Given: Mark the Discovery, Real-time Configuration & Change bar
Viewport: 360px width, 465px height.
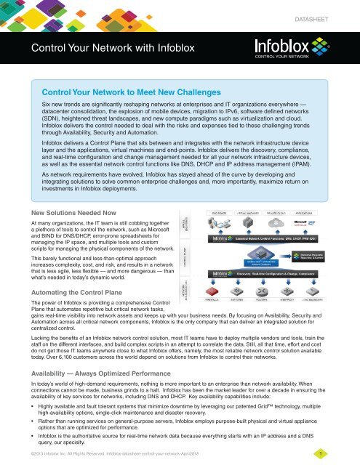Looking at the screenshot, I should click(280, 273).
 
